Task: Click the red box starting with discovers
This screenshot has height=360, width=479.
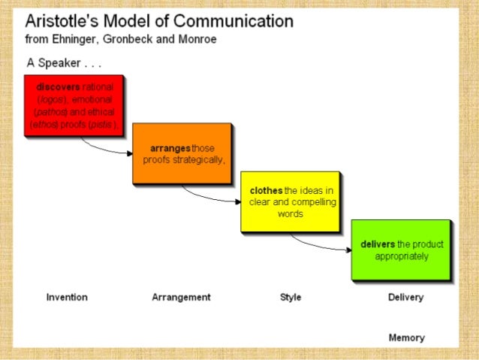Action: pyautogui.click(x=73, y=105)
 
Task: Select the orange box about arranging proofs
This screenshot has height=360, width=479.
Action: pyautogui.click(x=181, y=153)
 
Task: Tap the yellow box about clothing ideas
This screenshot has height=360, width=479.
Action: pyautogui.click(x=289, y=201)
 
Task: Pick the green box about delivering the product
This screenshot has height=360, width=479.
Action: pyautogui.click(x=400, y=250)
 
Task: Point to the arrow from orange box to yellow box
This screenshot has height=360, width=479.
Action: pyautogui.click(x=210, y=196)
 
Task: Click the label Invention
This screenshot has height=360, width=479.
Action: pyautogui.click(x=67, y=298)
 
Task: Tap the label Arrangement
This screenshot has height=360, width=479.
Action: pyautogui.click(x=181, y=298)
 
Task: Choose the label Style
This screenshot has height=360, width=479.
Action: pyautogui.click(x=291, y=298)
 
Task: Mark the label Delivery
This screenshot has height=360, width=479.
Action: pyautogui.click(x=405, y=298)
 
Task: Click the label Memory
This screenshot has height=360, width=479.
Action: pyautogui.click(x=406, y=338)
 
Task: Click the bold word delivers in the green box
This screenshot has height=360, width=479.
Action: pyautogui.click(x=378, y=245)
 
